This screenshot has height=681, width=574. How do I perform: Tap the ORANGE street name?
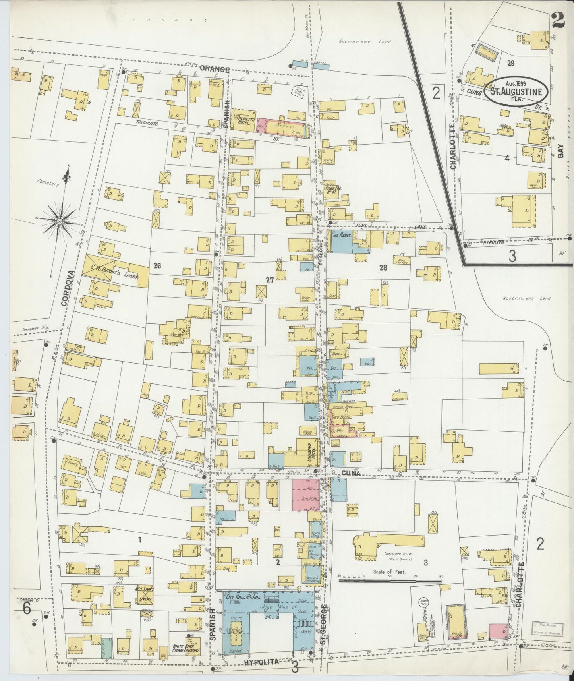(x=215, y=69)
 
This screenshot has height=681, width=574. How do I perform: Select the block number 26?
(x=157, y=266)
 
